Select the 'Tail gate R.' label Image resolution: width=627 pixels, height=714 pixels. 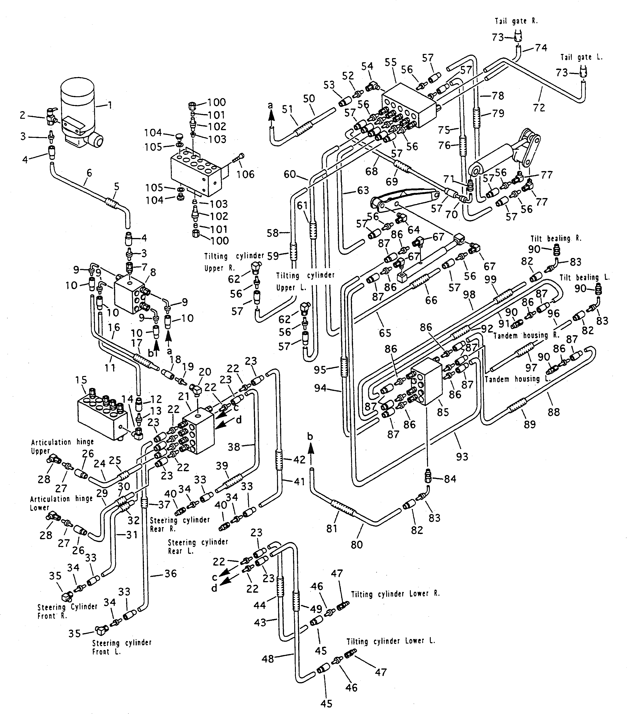[x=516, y=21]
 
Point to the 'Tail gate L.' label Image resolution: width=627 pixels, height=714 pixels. [x=582, y=57]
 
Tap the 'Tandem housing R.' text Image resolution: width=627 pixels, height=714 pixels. [x=526, y=336]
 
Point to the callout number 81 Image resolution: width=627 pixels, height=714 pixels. [x=332, y=529]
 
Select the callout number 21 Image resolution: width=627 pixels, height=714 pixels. [x=184, y=396]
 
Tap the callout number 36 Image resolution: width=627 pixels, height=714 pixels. [x=170, y=574]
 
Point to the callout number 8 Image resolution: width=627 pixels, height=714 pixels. [x=153, y=272]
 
